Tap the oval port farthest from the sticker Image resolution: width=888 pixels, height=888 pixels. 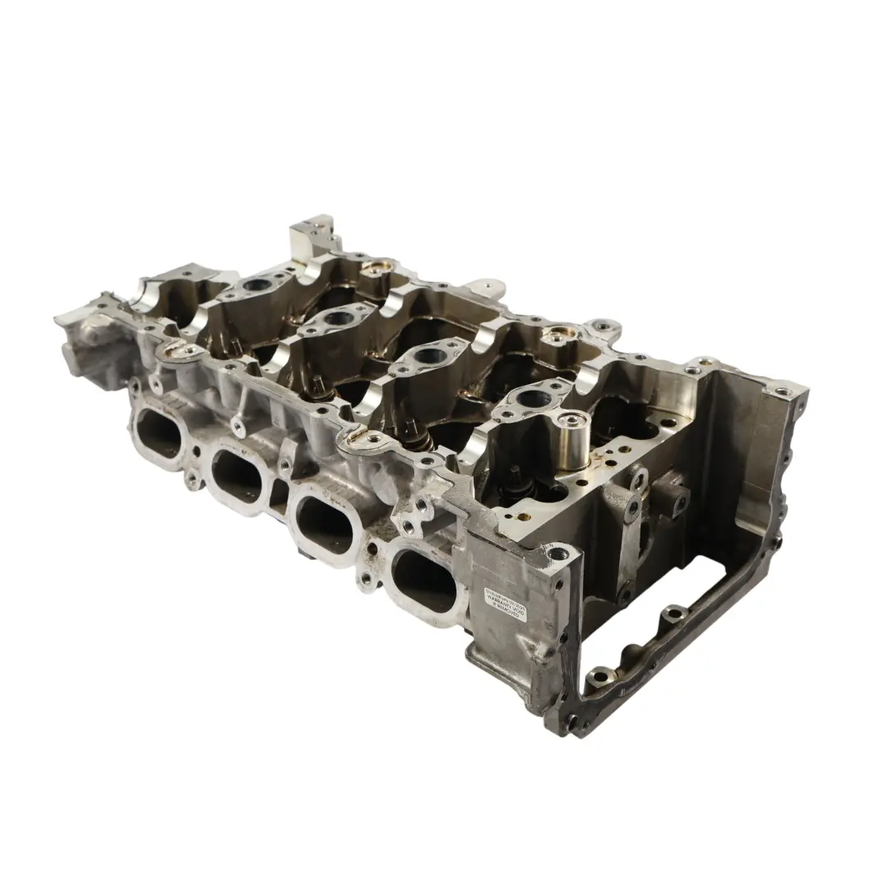pos(159,431)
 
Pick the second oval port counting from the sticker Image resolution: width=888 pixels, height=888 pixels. pos(323,523)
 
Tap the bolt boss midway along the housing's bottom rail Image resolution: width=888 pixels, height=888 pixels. pos(674,614)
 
